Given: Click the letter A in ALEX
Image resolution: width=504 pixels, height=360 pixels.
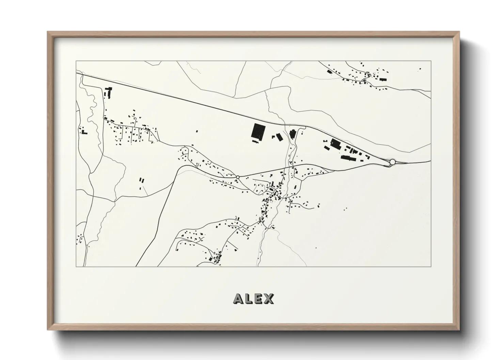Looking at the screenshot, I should [x=238, y=299].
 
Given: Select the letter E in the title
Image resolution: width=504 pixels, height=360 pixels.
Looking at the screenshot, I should [x=258, y=299].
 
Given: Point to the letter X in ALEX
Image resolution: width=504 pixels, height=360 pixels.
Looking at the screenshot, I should [x=268, y=299].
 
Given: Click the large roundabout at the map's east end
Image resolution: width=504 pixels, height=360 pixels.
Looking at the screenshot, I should [x=392, y=162].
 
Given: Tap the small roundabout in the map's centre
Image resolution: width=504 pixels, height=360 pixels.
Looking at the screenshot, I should [x=238, y=177].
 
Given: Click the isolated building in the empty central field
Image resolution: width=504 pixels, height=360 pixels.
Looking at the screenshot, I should [x=197, y=131].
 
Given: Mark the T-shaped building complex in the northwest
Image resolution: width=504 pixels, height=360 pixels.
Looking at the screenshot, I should [x=109, y=92].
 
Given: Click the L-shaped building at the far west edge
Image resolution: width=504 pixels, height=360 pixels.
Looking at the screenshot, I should [x=83, y=131].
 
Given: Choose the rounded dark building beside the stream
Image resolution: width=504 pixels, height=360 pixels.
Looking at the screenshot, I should [x=292, y=134].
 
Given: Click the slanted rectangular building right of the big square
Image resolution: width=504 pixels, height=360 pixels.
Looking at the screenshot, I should [x=280, y=137].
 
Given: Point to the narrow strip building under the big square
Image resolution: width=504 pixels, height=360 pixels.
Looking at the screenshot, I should [x=255, y=141].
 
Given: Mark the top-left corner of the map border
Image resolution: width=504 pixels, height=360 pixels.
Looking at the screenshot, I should [x=76, y=61].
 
